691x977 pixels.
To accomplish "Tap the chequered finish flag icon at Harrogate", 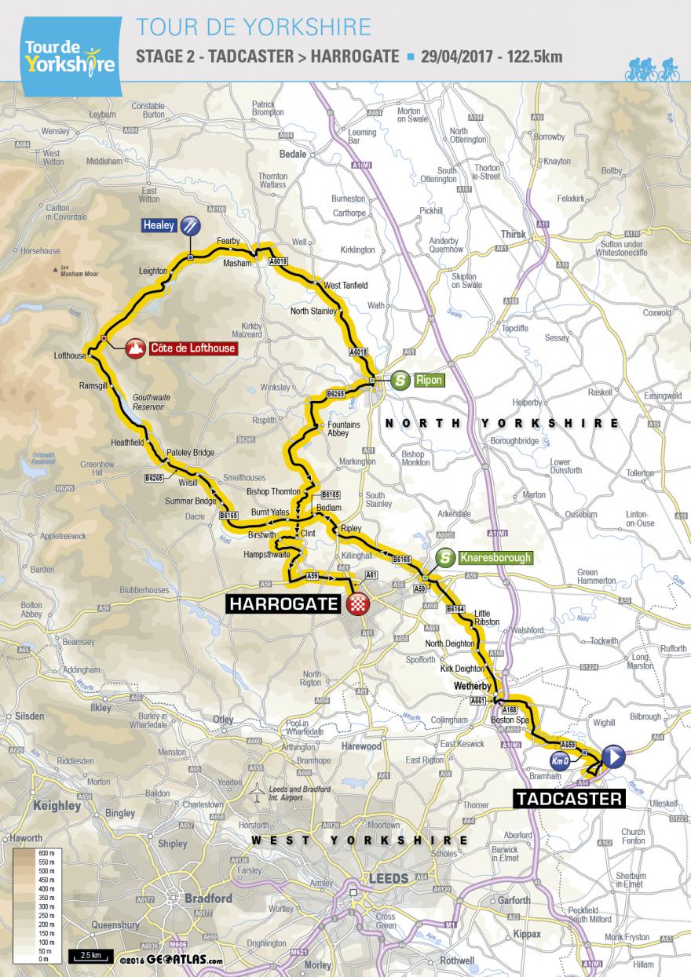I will (359, 605).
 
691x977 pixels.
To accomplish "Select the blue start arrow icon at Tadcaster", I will (613, 756).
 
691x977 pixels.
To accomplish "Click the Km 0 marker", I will (558, 760).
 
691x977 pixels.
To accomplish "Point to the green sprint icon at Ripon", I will (400, 380).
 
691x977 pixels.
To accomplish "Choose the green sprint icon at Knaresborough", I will (446, 558).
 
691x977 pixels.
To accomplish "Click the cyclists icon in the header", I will (652, 70).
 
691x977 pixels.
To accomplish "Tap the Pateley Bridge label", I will (191, 453).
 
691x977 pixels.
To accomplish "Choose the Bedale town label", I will (292, 154).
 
